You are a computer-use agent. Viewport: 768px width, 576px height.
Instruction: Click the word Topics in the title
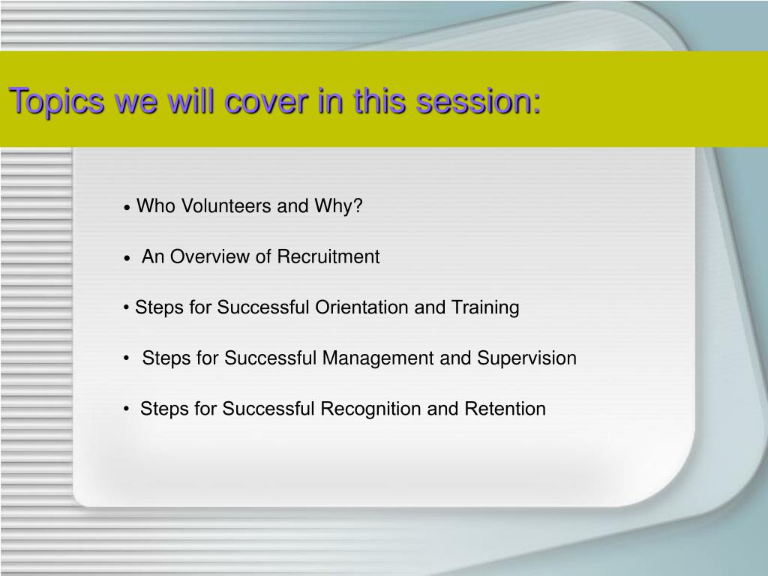tap(56, 102)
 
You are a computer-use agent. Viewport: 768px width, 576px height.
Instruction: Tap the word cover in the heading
tap(266, 101)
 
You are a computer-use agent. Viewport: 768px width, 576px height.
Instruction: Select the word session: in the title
tap(478, 101)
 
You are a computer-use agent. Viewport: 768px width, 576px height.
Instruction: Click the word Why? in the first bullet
tap(338, 206)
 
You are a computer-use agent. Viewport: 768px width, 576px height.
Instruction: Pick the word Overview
tap(210, 256)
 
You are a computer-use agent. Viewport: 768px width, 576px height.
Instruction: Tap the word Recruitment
tap(328, 256)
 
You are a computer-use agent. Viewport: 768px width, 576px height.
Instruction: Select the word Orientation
tap(361, 307)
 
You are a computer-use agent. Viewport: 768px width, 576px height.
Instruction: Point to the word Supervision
tap(526, 358)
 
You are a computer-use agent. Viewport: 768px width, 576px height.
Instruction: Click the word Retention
tap(505, 409)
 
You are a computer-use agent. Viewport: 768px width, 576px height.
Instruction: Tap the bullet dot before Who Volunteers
tap(127, 208)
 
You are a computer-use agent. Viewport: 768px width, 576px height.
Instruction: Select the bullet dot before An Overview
tap(127, 258)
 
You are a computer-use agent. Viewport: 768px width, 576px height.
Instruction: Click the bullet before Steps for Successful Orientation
tap(126, 308)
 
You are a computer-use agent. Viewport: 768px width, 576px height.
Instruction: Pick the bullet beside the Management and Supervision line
tap(126, 358)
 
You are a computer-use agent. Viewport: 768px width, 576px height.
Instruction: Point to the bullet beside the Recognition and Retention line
tap(126, 409)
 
